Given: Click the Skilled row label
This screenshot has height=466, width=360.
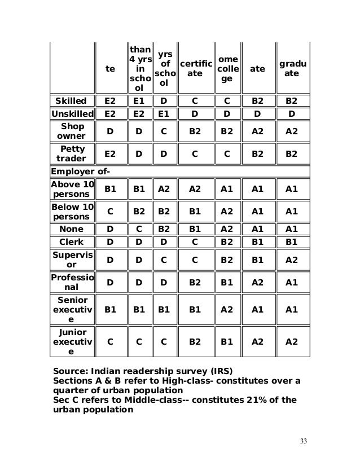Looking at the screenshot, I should click(x=72, y=102).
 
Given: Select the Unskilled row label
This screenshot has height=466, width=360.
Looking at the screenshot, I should click(x=72, y=114).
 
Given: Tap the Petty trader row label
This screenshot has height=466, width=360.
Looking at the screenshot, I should click(x=72, y=154).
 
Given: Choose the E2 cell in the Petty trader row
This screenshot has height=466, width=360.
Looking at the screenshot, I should click(x=110, y=154).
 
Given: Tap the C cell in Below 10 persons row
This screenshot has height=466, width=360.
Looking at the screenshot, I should click(x=110, y=211).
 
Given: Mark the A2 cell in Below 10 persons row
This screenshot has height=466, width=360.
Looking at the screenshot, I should click(x=226, y=211).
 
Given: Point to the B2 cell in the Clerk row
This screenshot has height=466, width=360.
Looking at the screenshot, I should click(x=226, y=241).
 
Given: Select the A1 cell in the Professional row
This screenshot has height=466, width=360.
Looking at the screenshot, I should click(x=292, y=282).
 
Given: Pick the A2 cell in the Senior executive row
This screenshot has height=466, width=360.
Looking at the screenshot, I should click(x=226, y=310).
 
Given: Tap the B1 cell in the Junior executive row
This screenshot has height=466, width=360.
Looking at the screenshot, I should click(x=226, y=342).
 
